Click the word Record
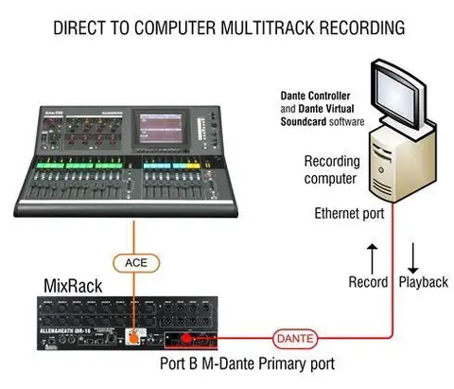click(x=368, y=282)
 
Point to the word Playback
click(x=423, y=282)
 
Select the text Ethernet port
click(x=349, y=213)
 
